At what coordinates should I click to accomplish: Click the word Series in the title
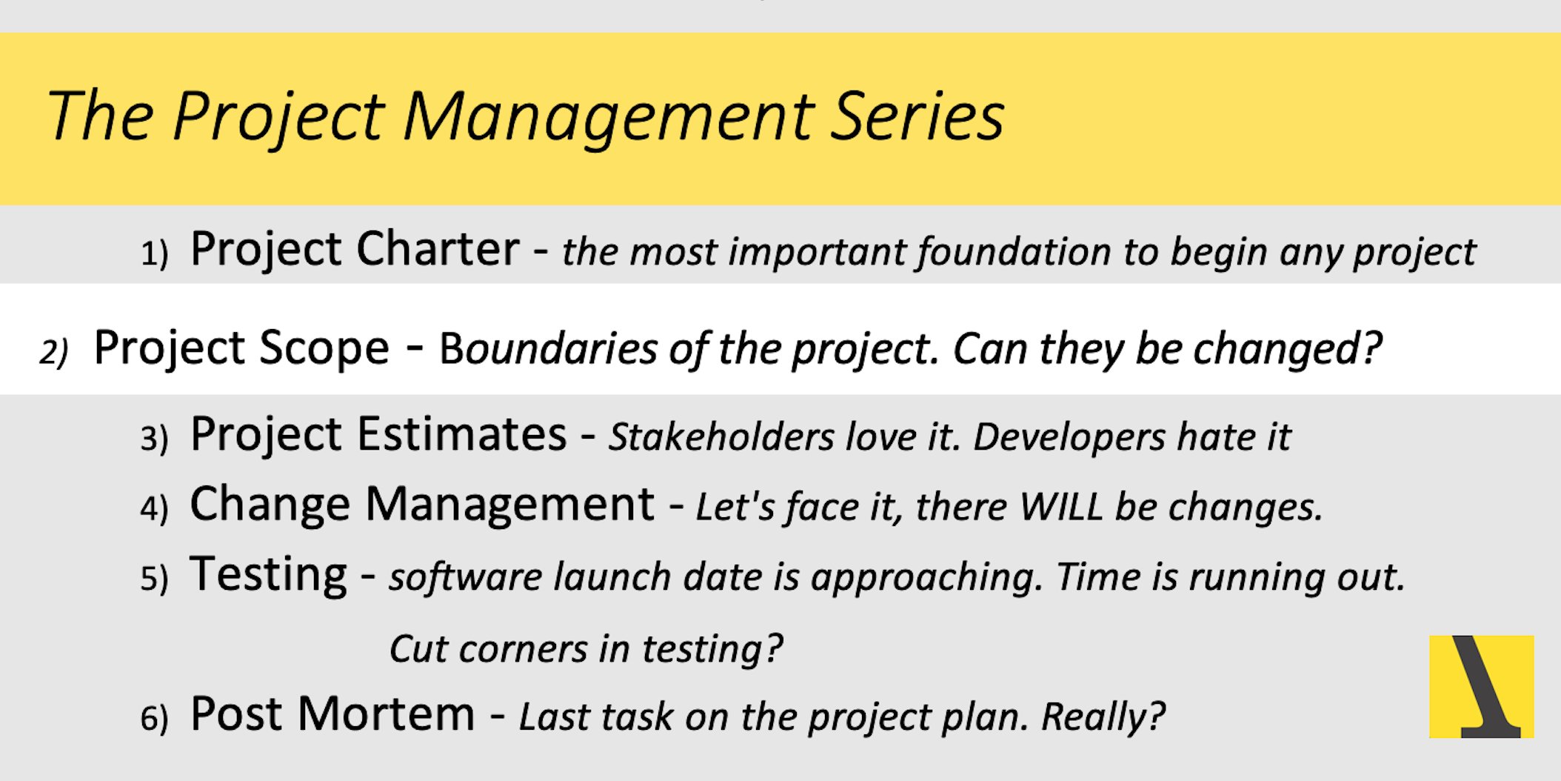pos(917,116)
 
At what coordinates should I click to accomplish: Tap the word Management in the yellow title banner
pos(608,119)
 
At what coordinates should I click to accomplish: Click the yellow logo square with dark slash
pos(1481,686)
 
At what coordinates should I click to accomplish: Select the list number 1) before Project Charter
pos(154,253)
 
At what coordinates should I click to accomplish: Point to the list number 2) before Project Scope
pos(54,351)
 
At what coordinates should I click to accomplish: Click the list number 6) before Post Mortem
pos(154,718)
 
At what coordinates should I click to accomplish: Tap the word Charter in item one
pos(438,248)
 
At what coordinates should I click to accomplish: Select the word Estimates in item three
pos(462,433)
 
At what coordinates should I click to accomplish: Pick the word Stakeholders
pos(721,436)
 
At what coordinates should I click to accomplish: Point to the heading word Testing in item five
pos(268,575)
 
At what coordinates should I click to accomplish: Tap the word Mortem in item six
pos(386,714)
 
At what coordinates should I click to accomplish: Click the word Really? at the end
pos(1103,717)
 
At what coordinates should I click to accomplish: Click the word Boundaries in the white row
pos(548,349)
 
